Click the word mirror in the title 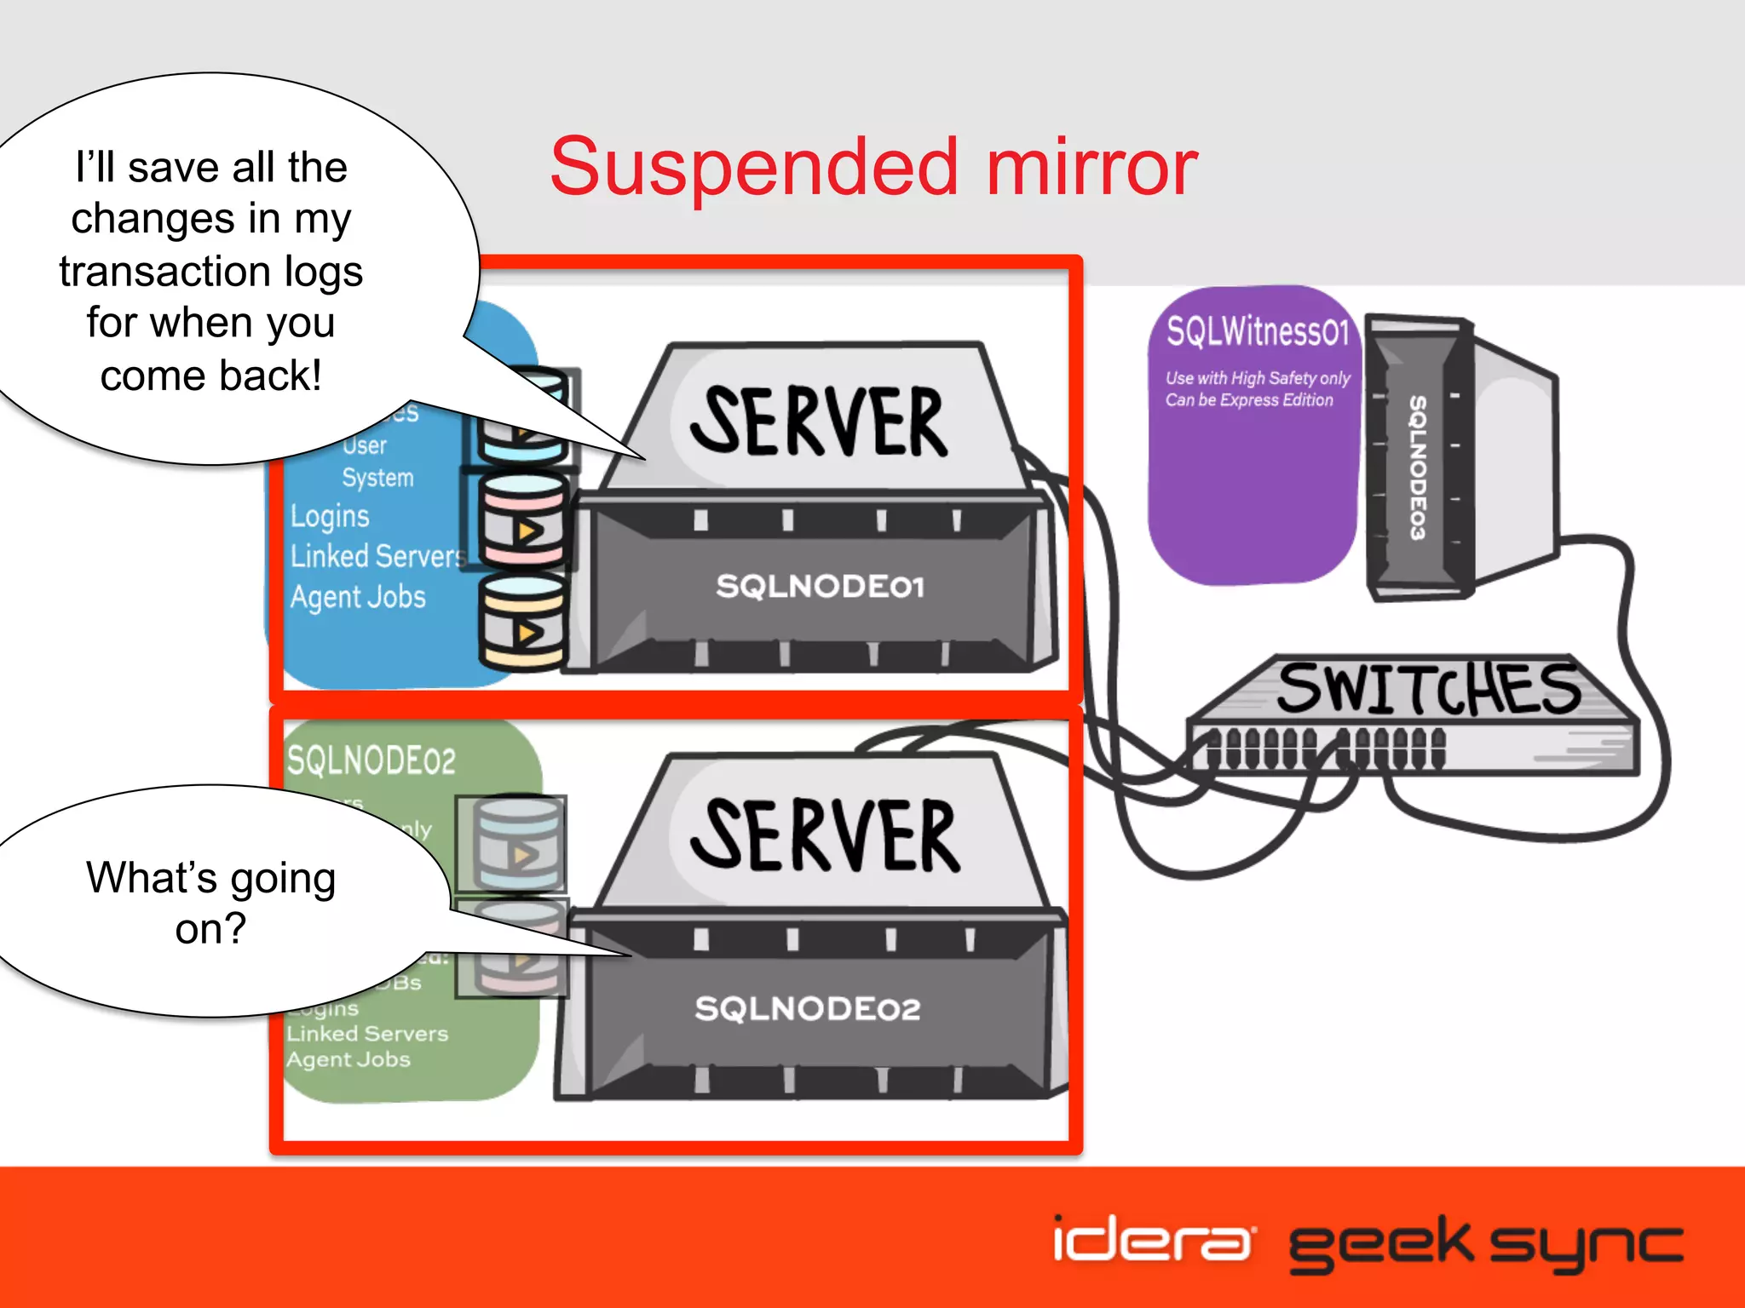click(1092, 167)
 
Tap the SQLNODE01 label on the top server click(820, 587)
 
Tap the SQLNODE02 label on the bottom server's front click(808, 1009)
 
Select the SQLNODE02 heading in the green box click(371, 760)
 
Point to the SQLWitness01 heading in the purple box click(1258, 330)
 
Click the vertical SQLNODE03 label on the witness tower click(1417, 467)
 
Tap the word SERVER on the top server click(818, 422)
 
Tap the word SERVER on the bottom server click(825, 836)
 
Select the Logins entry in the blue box click(330, 516)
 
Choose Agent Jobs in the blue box click(358, 597)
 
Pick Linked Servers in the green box click(367, 1034)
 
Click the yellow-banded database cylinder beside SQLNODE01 click(522, 622)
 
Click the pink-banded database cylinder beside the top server click(522, 520)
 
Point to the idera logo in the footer click(1152, 1240)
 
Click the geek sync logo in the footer click(1486, 1244)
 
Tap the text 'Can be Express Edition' click(1249, 400)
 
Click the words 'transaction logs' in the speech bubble click(211, 272)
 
